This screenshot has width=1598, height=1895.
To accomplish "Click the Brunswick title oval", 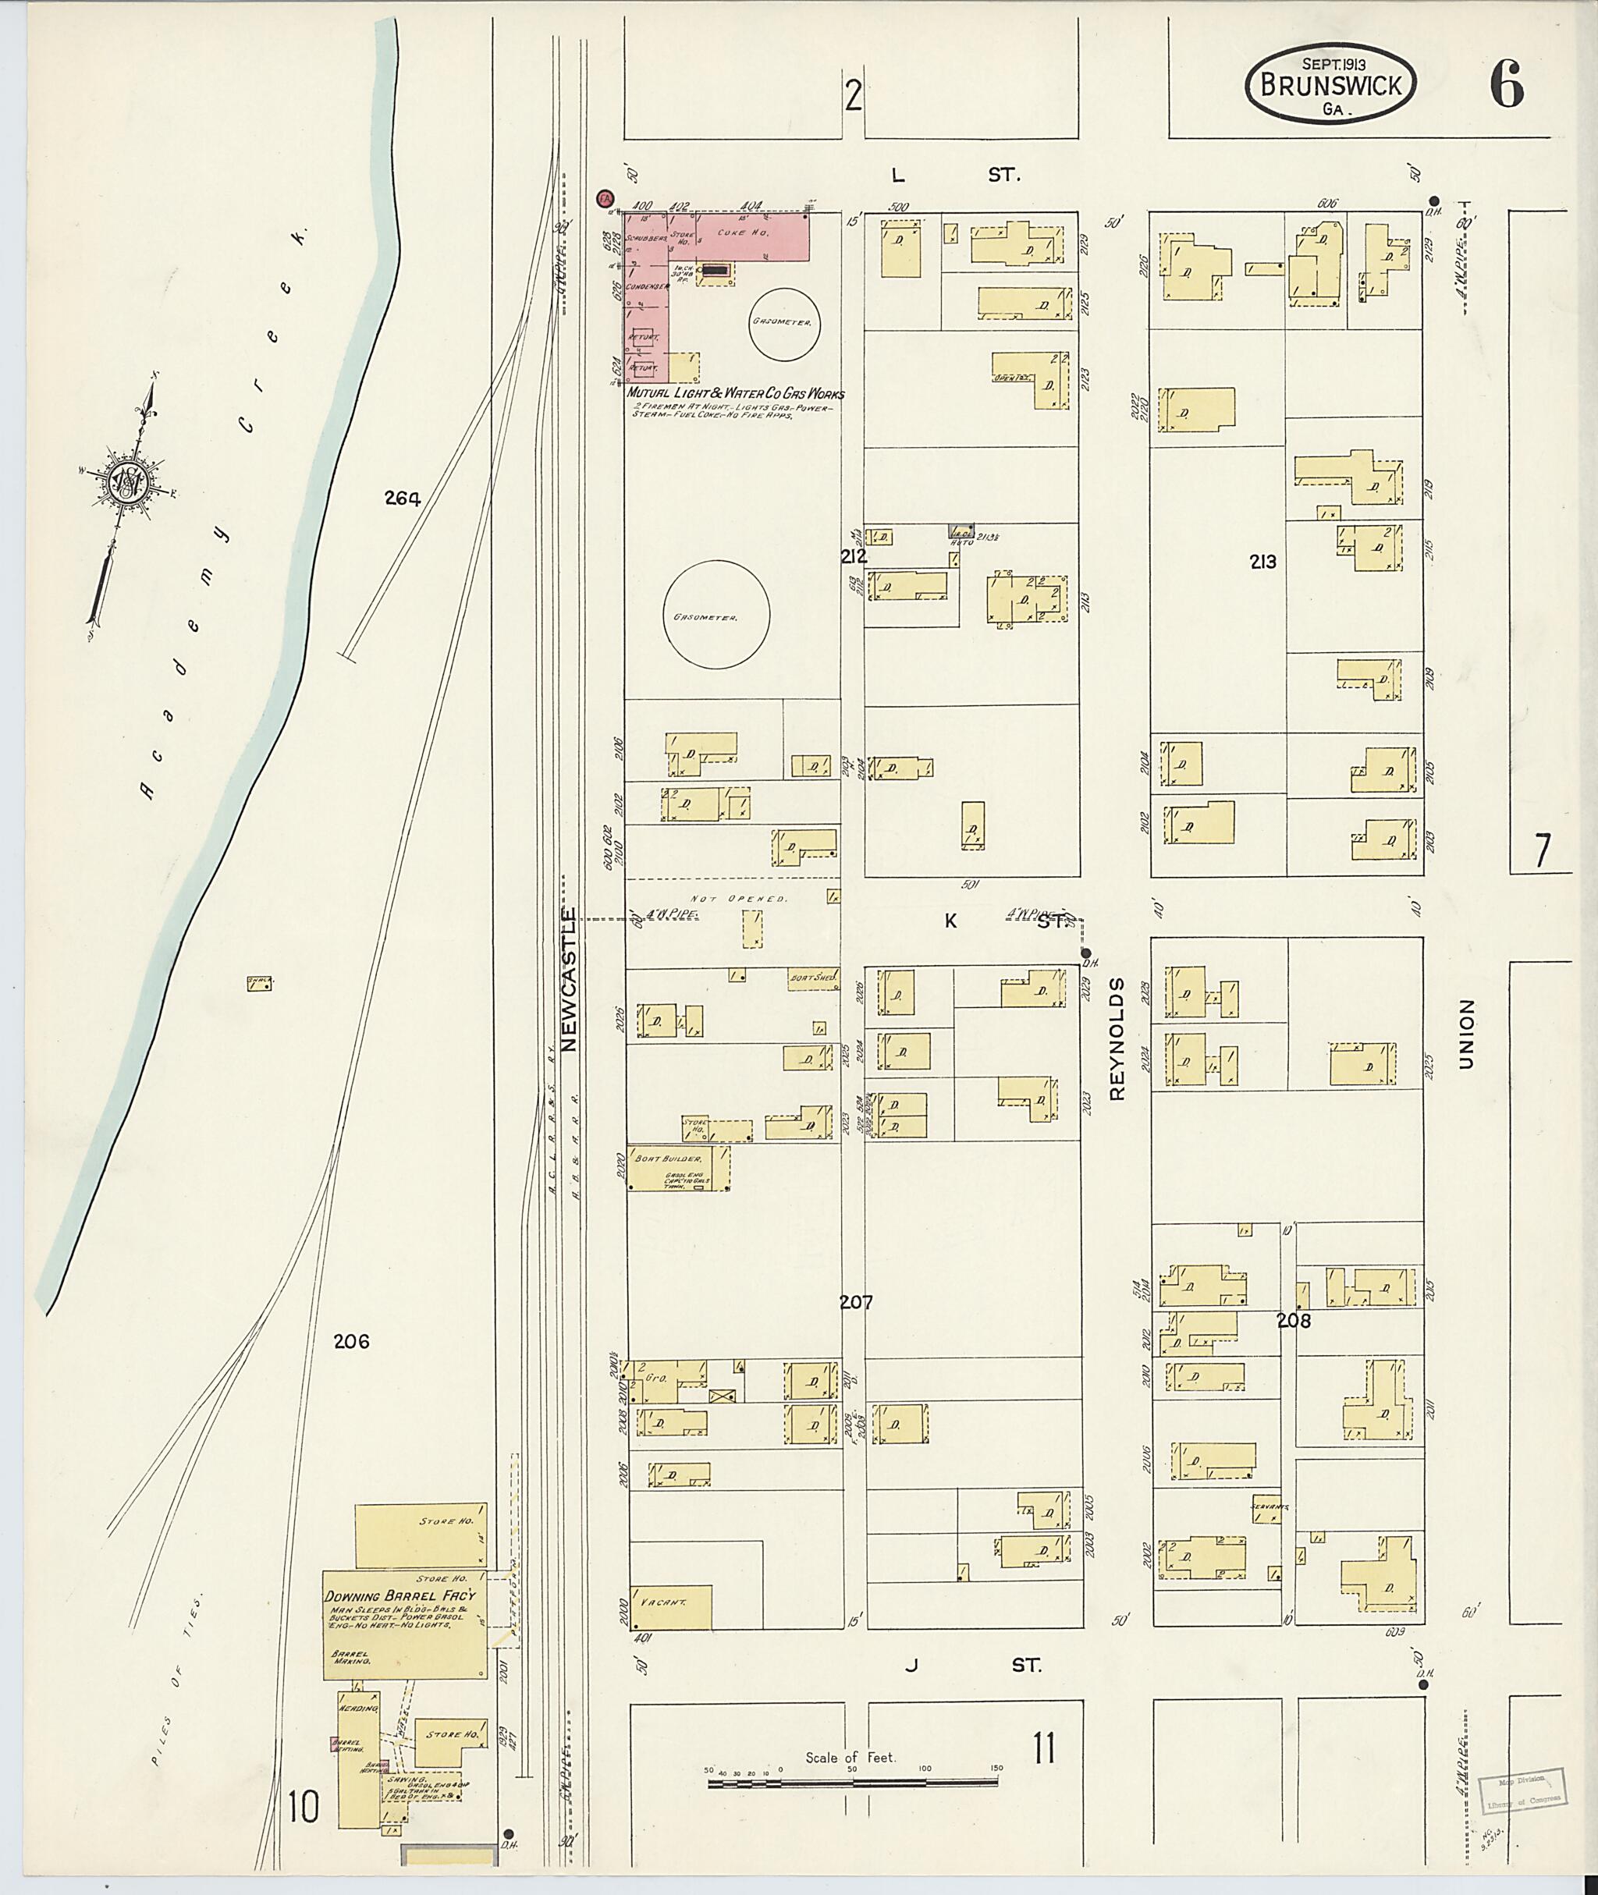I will pyautogui.click(x=1330, y=83).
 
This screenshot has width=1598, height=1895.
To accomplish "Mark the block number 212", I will pyautogui.click(x=854, y=556).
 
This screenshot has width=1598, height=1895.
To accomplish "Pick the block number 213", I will pyautogui.click(x=1262, y=562).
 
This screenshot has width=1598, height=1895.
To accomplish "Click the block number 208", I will pyautogui.click(x=1294, y=1321).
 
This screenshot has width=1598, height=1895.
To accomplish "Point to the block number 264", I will pyautogui.click(x=402, y=497).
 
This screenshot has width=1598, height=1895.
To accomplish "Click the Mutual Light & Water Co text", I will pyautogui.click(x=736, y=394).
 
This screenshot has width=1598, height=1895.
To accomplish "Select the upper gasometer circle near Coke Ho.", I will pyautogui.click(x=786, y=322).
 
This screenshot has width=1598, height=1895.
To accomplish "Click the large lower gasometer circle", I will pyautogui.click(x=716, y=615).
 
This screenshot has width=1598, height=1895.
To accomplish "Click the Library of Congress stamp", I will pyautogui.click(x=1518, y=1787).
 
